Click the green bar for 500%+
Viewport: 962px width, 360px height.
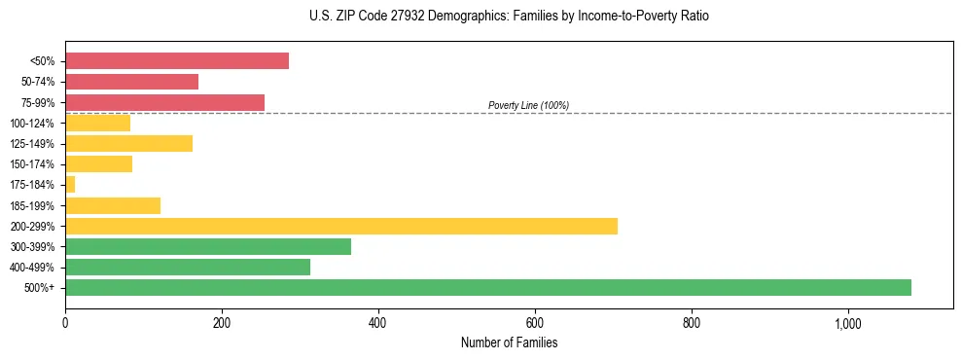[x=487, y=287]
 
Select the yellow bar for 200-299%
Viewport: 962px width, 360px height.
[x=340, y=226]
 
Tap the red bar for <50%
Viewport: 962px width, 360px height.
[x=176, y=61]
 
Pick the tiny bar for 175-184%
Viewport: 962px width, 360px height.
[x=70, y=185]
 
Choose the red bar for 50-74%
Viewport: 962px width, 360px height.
[x=131, y=82]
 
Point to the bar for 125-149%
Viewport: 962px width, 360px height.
[x=128, y=144]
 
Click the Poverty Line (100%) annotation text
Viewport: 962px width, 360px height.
[x=528, y=105]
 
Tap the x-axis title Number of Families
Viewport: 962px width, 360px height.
[x=509, y=342]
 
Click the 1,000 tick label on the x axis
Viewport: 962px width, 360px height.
[x=847, y=323]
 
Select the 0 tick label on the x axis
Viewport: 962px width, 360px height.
[x=65, y=323]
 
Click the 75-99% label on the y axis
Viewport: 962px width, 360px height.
[x=38, y=102]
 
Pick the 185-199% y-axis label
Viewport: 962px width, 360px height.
[x=35, y=205]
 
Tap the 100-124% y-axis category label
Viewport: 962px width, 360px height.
[x=35, y=124]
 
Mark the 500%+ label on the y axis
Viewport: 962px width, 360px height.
[x=41, y=288]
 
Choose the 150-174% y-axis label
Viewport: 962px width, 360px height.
[x=35, y=164]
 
